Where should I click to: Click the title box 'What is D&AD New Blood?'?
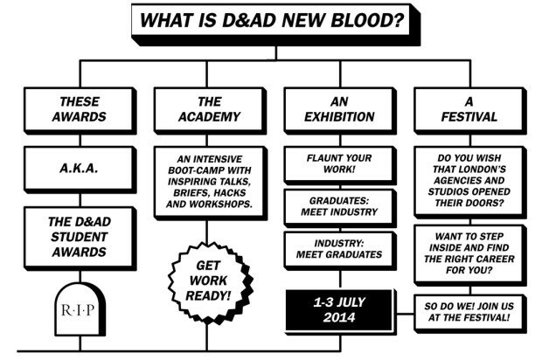point(276,24)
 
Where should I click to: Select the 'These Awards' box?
point(80,111)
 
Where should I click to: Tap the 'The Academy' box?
point(210,111)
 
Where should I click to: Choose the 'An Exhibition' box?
point(340,111)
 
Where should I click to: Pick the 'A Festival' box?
point(470,111)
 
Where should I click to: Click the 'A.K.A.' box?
point(80,170)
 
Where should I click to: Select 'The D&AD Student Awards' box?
point(80,239)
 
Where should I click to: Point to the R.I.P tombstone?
point(80,309)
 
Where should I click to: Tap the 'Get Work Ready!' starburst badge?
point(210,282)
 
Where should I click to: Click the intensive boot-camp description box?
point(210,183)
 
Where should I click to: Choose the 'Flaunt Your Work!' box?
point(340,165)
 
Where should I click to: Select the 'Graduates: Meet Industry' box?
point(340,208)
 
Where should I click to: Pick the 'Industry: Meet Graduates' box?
point(340,251)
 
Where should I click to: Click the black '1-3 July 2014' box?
point(340,311)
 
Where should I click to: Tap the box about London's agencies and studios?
point(470,183)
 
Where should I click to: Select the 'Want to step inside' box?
point(470,255)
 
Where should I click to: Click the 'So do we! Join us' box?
point(470,314)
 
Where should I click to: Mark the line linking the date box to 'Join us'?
point(405,315)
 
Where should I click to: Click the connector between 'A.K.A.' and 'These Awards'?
point(80,141)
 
